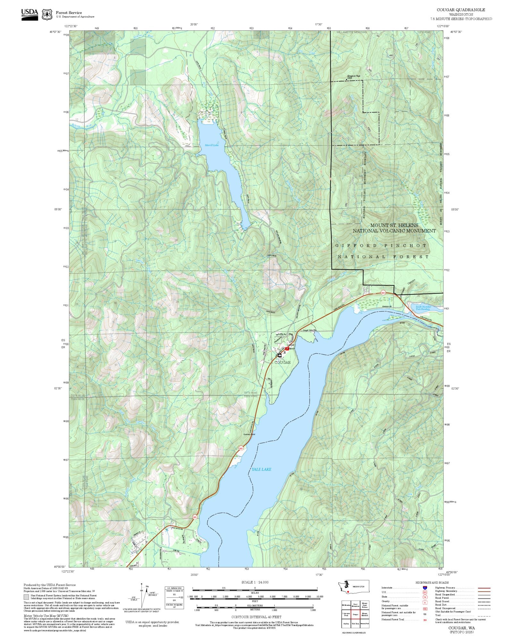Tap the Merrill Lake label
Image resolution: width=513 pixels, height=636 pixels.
click(212, 145)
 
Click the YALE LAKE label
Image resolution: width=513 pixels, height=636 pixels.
click(261, 469)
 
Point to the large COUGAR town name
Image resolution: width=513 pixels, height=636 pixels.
click(282, 363)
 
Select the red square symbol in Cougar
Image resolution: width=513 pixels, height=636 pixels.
click(287, 349)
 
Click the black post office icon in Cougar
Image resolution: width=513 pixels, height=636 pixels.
click(280, 355)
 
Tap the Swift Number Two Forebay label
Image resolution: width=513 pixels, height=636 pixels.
click(423, 308)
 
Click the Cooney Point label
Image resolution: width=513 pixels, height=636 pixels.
click(249, 435)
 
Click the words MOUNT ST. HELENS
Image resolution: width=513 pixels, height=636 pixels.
click(394, 225)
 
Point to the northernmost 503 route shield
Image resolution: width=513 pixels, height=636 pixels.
click(383, 293)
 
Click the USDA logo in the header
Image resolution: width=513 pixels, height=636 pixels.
click(29, 14)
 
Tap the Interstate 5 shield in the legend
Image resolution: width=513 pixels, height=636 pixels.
click(425, 588)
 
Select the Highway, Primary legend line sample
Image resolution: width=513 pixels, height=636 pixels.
click(484, 588)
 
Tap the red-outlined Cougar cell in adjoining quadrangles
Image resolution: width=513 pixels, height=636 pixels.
click(355, 614)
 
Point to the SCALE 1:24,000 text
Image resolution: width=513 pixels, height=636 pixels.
click(255, 582)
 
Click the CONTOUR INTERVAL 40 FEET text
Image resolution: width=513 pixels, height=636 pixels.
click(256, 617)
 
